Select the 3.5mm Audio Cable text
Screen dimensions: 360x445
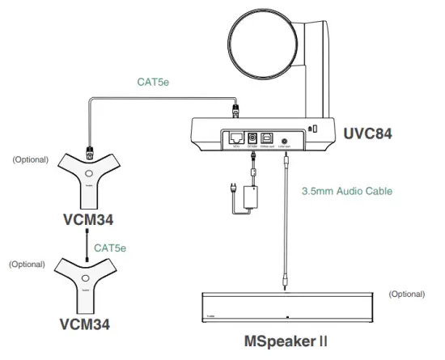coord(346,192)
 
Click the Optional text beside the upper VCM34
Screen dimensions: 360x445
coord(31,159)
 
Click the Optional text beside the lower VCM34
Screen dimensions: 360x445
coord(27,265)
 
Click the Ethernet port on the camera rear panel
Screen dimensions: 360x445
coord(236,138)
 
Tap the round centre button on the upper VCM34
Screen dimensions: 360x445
coord(88,174)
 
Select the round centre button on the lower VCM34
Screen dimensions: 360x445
coord(84,281)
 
